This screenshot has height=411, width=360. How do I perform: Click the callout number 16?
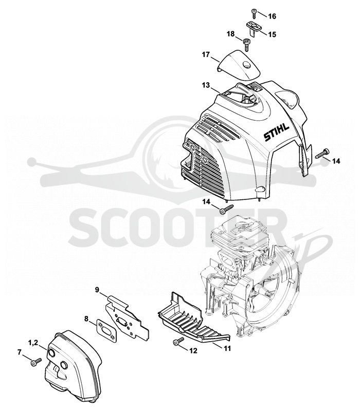[272, 16]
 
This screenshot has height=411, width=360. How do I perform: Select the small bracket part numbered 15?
[253, 27]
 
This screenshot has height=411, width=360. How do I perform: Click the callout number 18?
[230, 34]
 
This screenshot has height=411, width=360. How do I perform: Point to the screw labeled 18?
[247, 45]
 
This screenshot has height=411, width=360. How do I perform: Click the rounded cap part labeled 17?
[239, 64]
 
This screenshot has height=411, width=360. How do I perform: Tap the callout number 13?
[206, 85]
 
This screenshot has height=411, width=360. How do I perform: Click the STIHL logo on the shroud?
[276, 133]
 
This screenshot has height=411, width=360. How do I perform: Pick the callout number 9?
[97, 290]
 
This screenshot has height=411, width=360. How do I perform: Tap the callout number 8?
[86, 319]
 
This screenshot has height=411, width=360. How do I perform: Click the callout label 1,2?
[33, 342]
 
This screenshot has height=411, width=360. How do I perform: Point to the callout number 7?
[20, 352]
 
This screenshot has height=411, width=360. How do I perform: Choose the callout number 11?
[227, 348]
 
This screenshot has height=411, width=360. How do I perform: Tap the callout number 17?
[206, 55]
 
